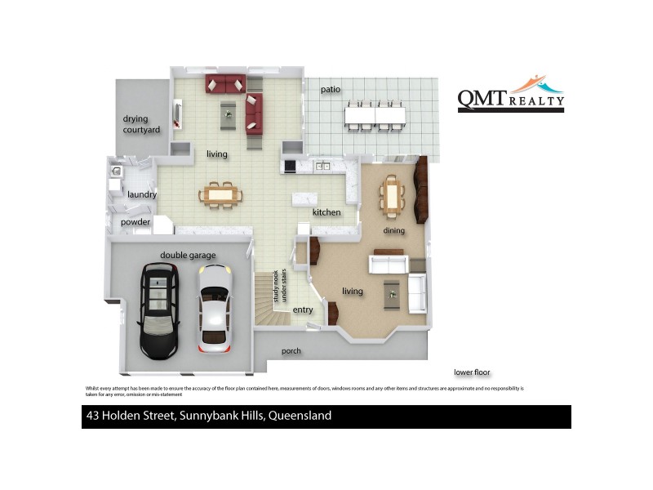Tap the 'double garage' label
pos(188,256)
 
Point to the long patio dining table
pos(375,115)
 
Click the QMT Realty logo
pos(510,93)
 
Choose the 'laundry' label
pos(142,194)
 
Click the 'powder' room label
pos(135,222)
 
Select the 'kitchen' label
pos(326,212)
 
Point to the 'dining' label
pos(394,230)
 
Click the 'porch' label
pos(291,351)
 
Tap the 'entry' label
pos(303,310)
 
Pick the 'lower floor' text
pos(473,372)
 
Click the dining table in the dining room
pos(392,196)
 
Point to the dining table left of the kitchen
pos(220,194)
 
